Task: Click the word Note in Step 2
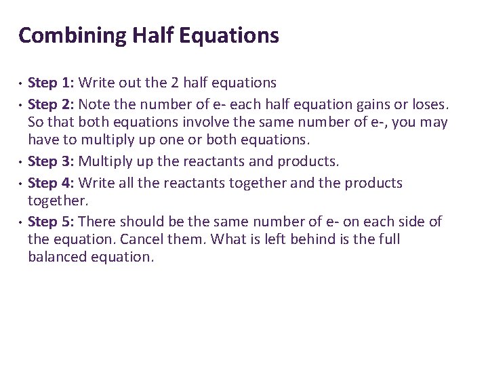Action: (96, 105)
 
